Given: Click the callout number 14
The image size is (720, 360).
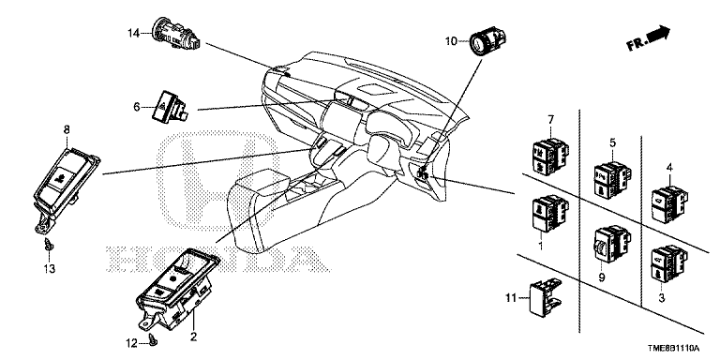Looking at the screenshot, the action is pos(133,33).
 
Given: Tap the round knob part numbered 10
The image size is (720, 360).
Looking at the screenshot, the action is pos(488,42).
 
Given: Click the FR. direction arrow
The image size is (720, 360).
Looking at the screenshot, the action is pos(649,38).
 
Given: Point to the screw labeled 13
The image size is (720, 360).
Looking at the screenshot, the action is pos(48,245).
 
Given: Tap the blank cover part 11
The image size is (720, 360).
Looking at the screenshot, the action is pos(545,297).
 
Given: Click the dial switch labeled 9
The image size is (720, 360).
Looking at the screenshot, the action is pos(611,244).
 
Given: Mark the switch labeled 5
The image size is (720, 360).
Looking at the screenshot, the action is pos(612,180).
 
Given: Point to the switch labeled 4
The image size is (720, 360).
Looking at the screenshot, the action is pos(671,205).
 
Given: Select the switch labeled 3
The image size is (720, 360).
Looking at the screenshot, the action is pos(669,263).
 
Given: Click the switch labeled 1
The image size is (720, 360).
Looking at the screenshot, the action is pos(549,214).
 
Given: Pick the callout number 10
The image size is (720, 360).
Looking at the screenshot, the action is pos(451,41).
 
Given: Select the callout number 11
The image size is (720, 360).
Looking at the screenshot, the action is pos(511,298).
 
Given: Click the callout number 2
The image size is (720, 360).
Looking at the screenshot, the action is pos(193,337).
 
